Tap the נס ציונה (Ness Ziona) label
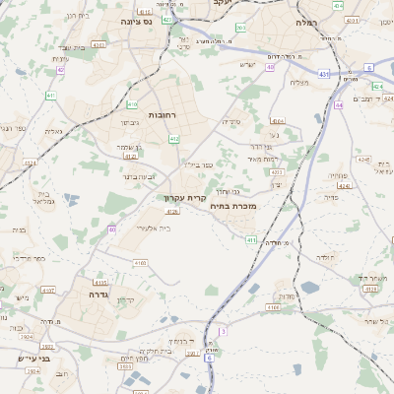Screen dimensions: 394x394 point(137,20)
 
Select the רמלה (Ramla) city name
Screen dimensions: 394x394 point(305,21)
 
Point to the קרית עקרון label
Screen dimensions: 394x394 point(180,198)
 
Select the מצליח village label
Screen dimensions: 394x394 point(299,82)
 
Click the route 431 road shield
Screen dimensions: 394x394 point(324,73)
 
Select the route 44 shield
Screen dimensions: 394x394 point(338,103)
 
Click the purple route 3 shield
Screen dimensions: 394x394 point(223,332)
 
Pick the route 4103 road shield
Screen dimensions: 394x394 point(140,263)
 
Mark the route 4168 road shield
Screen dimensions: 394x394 point(273,307)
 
